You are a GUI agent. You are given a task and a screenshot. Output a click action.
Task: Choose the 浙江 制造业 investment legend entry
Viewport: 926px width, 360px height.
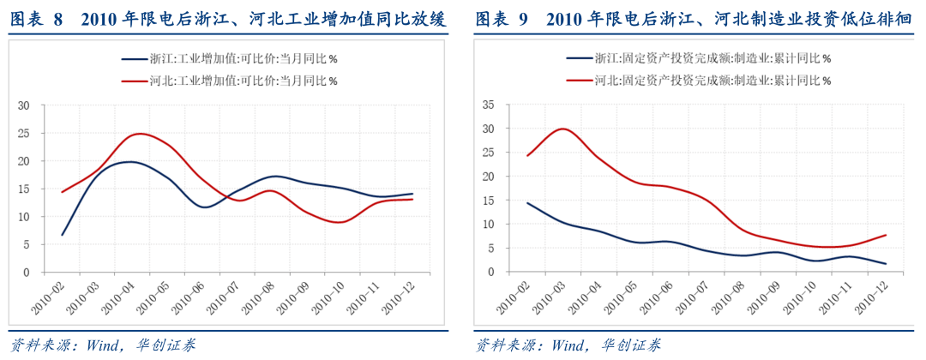[699, 59]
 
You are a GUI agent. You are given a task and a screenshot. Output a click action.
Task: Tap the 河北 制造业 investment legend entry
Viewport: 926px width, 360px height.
[699, 81]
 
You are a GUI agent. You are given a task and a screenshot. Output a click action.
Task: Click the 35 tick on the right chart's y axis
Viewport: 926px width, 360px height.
[490, 105]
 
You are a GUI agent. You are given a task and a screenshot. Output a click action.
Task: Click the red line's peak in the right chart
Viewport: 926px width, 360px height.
[562, 129]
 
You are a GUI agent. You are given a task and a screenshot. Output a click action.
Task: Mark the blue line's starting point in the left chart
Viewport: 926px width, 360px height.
[63, 234]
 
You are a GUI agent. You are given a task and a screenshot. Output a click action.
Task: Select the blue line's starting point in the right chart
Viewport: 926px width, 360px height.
[526, 203]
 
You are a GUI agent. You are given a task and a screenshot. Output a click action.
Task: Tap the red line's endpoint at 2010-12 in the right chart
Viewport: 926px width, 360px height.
[886, 235]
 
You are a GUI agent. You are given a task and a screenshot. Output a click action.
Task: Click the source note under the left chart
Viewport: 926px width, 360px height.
[102, 345]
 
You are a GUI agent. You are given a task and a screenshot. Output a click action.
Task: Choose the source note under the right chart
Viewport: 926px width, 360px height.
[567, 345]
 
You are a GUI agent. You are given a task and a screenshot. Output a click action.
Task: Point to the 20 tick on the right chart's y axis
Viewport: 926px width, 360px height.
[490, 177]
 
